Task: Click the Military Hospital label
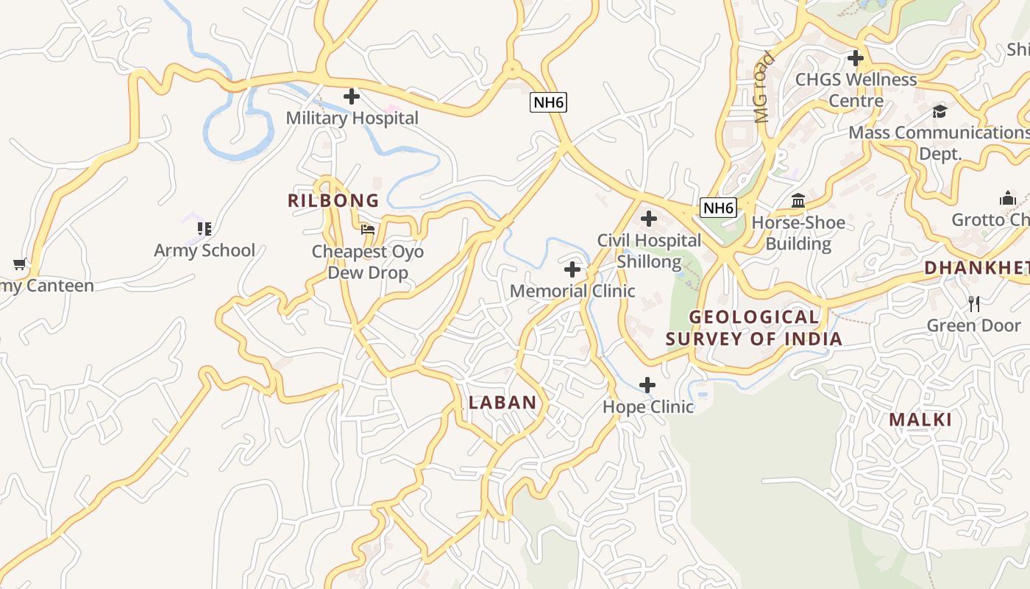tap(352, 118)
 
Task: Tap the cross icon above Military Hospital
tap(352, 96)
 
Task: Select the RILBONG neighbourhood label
tap(333, 200)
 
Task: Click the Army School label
tap(205, 250)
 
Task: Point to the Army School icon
tap(205, 229)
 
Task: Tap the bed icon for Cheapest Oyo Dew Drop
tap(368, 230)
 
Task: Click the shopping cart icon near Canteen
tap(20, 264)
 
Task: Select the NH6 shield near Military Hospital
tap(549, 102)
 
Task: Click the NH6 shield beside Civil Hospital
tap(717, 208)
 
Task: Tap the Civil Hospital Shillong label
tap(649, 251)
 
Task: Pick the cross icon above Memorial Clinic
tap(572, 269)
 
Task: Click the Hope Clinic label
tap(648, 406)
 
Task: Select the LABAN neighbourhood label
tap(502, 403)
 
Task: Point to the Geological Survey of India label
tap(754, 328)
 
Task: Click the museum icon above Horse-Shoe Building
tap(798, 200)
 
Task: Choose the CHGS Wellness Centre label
tap(856, 90)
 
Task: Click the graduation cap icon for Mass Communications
tap(940, 111)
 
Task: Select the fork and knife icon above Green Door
tap(974, 303)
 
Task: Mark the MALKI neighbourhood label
tap(920, 420)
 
